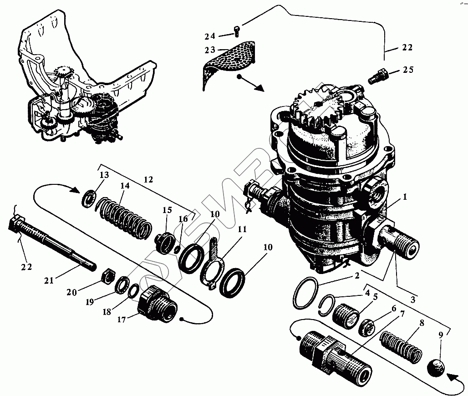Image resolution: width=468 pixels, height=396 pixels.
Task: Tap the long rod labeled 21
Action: point(55,242)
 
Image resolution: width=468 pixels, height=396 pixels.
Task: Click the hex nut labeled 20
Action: point(107,277)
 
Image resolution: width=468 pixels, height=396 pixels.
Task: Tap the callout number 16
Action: point(183,219)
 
